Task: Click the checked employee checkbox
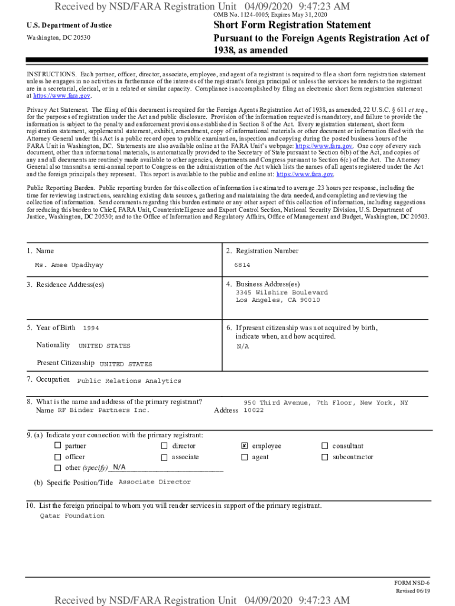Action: (244, 446)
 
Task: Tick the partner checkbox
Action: (58, 446)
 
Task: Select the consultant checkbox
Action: (324, 446)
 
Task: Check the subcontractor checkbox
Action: (324, 457)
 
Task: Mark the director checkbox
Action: (164, 446)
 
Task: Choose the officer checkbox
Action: (58, 457)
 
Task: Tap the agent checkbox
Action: (244, 457)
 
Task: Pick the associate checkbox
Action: (164, 457)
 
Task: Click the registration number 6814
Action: (242, 265)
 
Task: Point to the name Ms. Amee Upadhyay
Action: (69, 265)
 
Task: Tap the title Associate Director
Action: (155, 482)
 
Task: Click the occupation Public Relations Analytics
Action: (129, 381)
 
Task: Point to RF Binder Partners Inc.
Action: (103, 410)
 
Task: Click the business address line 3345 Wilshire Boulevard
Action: (282, 292)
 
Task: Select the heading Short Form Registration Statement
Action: (292, 25)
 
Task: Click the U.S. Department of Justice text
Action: (69, 25)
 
